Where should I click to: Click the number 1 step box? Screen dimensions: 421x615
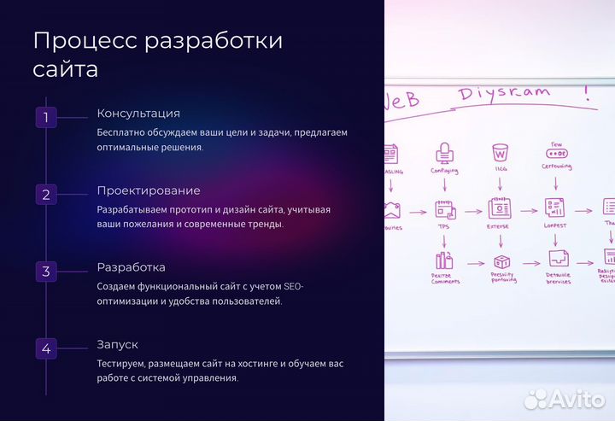(46, 117)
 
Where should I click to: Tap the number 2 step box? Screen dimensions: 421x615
(46, 194)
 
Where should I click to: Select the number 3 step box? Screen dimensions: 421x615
(46, 272)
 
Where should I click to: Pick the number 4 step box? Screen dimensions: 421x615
(46, 348)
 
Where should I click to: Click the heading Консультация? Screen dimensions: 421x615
(138, 114)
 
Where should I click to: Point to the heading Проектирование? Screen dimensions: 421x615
(149, 190)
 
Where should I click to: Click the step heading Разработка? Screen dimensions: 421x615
(131, 267)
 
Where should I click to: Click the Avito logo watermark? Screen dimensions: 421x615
(565, 398)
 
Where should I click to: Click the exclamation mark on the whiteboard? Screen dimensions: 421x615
(587, 92)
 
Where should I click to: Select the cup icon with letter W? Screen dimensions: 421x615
(499, 154)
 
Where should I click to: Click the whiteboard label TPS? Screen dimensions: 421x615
(444, 228)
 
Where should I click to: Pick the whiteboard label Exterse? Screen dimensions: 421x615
(499, 228)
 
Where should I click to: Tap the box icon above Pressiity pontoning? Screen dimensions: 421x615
(501, 261)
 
